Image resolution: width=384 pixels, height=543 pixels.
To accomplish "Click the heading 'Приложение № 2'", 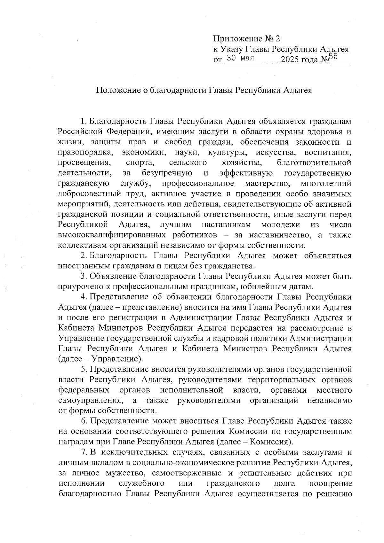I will tap(246, 39).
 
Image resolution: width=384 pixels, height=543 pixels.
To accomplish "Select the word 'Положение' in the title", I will tap(117, 90).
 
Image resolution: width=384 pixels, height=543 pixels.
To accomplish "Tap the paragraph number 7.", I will tap(84, 452).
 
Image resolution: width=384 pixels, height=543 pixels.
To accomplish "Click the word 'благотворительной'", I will tap(314, 163).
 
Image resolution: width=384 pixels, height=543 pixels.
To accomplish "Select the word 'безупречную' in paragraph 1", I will tap(167, 173).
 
